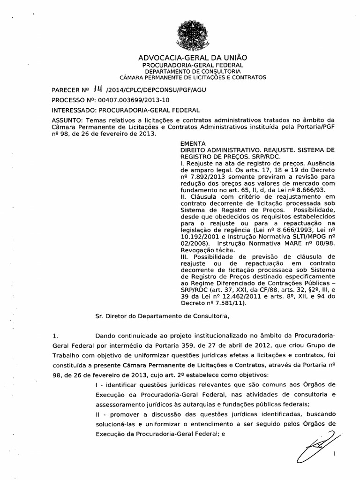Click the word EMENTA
coord(190,144)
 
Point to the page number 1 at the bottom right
coord(335,454)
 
